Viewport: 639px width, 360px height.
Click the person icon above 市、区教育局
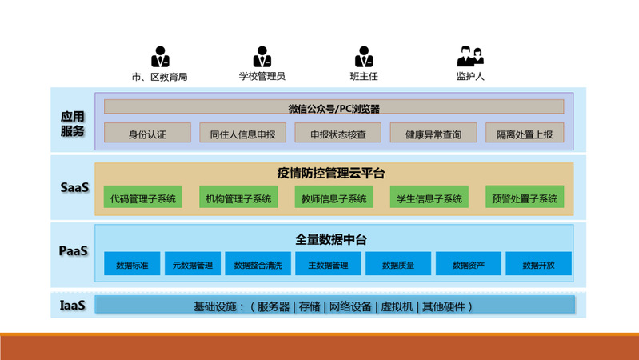(160, 58)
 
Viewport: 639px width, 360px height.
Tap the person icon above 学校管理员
(262, 58)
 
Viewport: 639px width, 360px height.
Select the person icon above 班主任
(364, 58)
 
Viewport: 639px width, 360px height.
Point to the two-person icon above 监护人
(470, 58)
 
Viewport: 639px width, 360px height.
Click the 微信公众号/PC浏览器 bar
(333, 107)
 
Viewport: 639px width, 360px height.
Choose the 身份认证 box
(148, 134)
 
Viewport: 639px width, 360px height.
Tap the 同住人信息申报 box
(242, 134)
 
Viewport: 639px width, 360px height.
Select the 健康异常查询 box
(433, 134)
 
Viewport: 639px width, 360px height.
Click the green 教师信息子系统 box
(333, 198)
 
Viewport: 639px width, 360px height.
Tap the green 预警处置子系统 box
(524, 198)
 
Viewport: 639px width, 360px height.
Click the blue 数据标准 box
(132, 264)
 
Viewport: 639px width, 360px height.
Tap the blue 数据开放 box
(537, 264)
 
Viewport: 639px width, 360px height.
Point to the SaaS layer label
(74, 187)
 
